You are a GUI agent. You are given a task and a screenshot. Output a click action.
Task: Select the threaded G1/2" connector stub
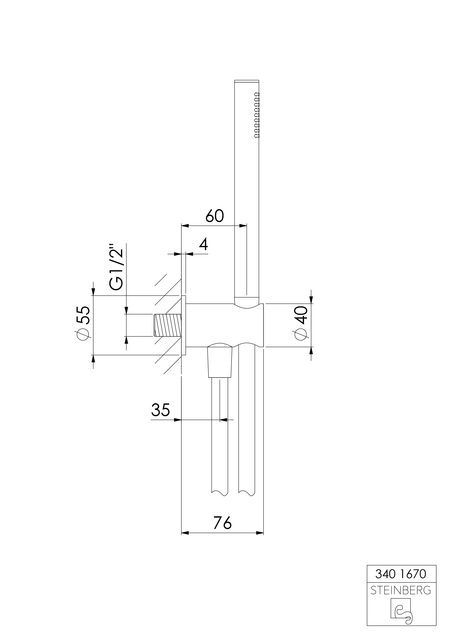(x=168, y=325)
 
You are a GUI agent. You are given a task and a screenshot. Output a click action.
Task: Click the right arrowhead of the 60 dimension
(x=243, y=225)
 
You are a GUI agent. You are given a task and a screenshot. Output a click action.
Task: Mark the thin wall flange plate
(x=183, y=325)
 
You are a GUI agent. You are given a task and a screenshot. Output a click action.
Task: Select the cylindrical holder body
(x=224, y=325)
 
